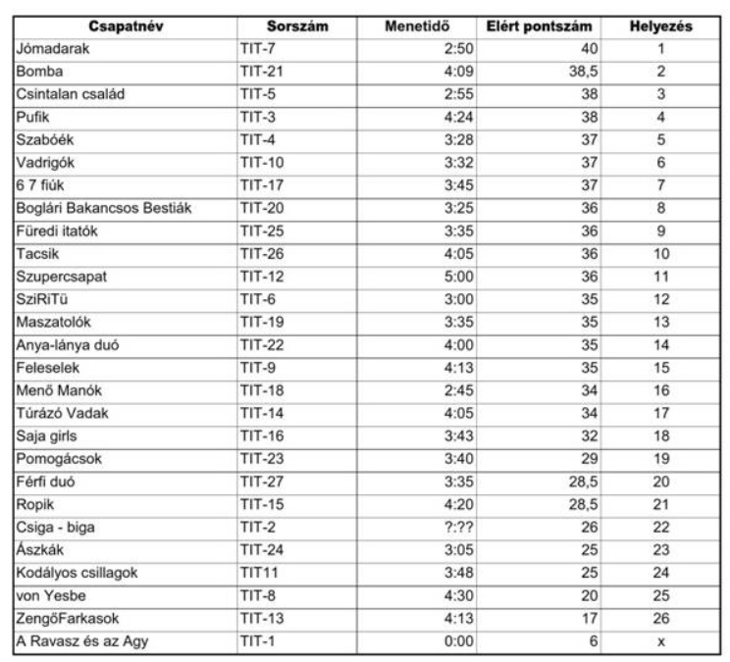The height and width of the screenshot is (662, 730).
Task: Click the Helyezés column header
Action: (x=660, y=25)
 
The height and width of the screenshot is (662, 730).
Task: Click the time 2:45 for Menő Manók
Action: (x=460, y=390)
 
